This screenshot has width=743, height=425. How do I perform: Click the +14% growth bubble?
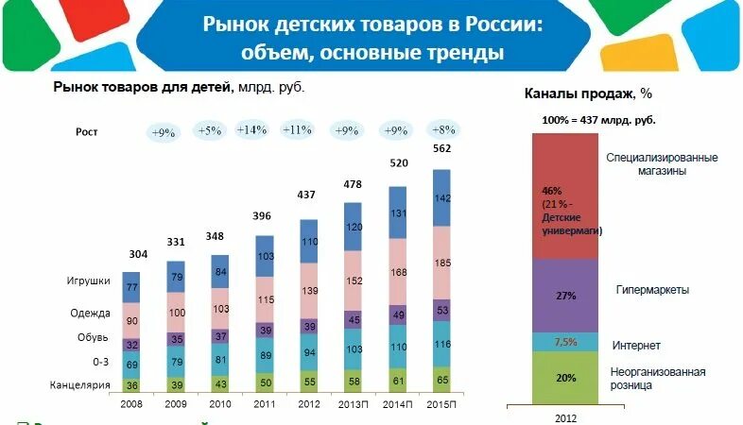point(252,131)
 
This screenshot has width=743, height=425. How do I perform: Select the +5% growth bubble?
point(207,131)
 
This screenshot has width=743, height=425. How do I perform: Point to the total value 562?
point(441,149)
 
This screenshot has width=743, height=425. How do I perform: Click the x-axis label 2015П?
point(442,403)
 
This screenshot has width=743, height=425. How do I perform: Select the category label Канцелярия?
point(81,384)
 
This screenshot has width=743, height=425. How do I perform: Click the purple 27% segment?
point(567,296)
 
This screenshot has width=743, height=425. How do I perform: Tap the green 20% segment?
point(567,377)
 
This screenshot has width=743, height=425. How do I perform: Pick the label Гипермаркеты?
point(651,290)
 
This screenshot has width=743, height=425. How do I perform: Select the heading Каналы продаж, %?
point(589,94)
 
